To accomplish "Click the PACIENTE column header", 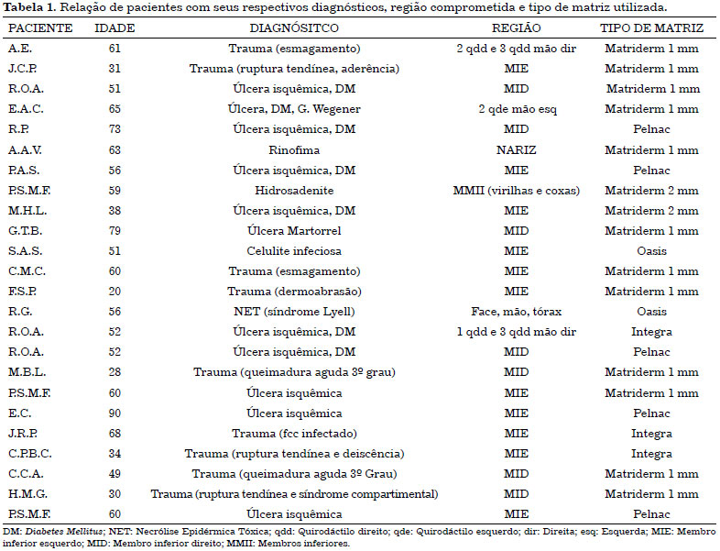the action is point(40,28).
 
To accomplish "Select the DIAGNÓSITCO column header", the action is point(294,28).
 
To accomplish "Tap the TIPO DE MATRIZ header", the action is point(651,28).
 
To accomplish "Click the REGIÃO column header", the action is point(516,28).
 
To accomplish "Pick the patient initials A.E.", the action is point(20,49).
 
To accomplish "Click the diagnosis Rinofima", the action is point(294,150).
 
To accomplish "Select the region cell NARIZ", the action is point(516,150).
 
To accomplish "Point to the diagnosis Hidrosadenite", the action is point(294,191).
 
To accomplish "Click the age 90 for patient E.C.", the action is point(115,413).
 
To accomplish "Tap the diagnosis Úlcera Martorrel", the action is point(294,231).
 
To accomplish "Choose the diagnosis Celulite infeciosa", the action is point(294,251).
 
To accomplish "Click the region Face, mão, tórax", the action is point(516,312).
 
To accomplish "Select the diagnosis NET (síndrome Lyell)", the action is point(294,312).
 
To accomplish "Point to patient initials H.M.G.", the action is point(27,494).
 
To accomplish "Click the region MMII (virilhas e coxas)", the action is point(516,191).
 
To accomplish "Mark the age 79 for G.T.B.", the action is point(115,231).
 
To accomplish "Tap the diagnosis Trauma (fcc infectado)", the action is point(294,434).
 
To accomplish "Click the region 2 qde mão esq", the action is point(517,109).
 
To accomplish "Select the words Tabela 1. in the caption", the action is point(30,7).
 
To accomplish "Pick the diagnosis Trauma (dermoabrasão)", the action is point(294,292).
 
